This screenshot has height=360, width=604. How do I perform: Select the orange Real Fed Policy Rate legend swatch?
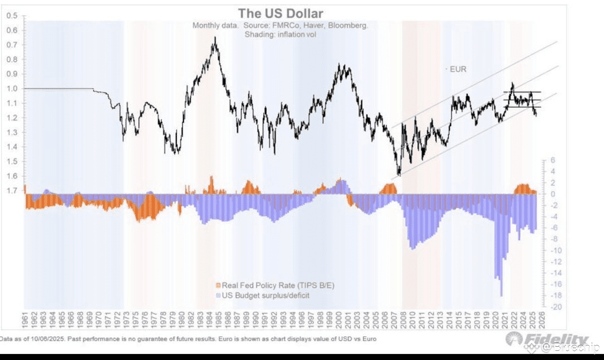(x=218, y=286)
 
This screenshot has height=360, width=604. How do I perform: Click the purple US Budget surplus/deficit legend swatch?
(x=218, y=295)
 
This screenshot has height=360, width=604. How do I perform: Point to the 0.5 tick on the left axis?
(x=13, y=16)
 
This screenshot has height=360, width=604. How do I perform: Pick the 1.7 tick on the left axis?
(x=13, y=191)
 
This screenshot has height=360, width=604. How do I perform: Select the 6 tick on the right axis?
(x=553, y=160)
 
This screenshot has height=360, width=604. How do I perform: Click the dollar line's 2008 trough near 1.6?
(x=399, y=175)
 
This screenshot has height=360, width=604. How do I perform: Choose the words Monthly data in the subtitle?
(x=215, y=25)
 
